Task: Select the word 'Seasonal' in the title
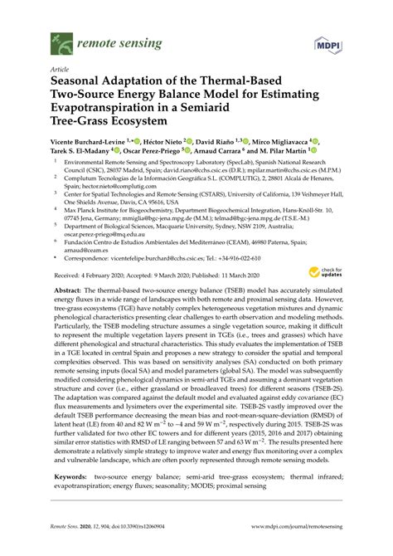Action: [83, 84]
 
